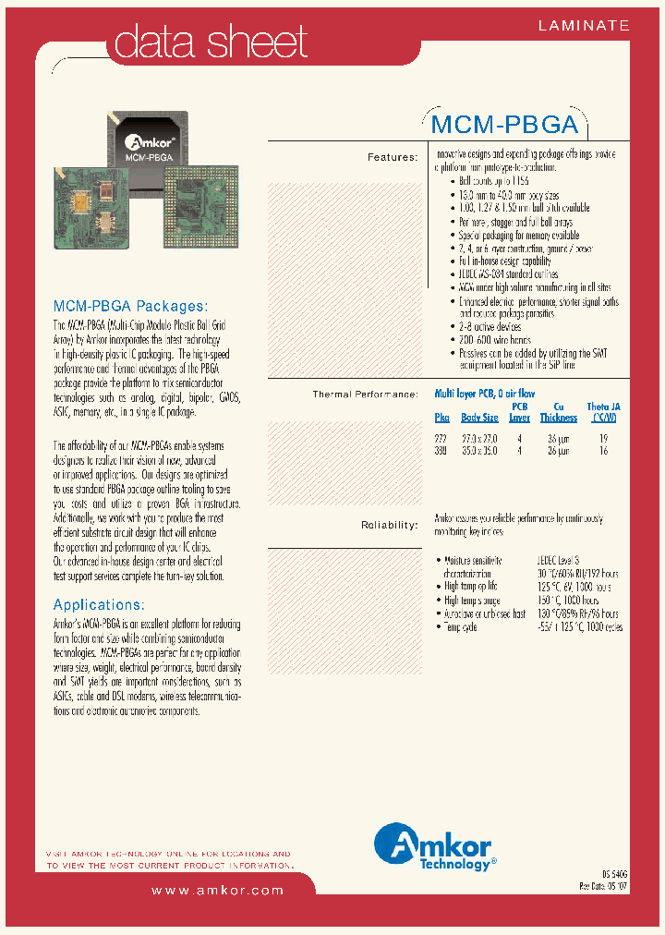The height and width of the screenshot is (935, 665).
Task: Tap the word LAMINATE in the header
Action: point(584,26)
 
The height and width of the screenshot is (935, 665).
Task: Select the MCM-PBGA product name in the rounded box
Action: point(504,125)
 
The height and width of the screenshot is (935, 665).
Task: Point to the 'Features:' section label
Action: point(393,157)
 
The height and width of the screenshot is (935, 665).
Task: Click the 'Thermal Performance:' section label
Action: point(365,395)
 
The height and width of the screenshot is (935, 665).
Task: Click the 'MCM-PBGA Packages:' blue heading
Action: point(130,306)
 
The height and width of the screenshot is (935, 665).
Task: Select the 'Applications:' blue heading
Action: point(99,604)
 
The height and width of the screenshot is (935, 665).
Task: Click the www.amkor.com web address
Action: point(217,890)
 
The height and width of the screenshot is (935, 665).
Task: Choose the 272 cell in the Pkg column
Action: point(441,440)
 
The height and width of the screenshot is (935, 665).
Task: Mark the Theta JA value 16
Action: point(602,451)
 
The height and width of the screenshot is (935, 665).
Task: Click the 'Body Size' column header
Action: point(479,418)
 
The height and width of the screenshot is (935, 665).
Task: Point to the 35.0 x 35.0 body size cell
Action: point(479,451)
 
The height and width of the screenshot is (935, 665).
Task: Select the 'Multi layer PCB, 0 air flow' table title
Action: point(484,394)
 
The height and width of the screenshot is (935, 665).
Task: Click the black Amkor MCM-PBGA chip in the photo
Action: point(151,143)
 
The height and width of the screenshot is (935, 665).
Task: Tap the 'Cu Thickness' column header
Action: point(558,412)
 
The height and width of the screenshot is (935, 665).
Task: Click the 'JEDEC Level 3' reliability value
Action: point(558,560)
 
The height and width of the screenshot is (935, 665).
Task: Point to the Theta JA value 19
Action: point(602,440)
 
